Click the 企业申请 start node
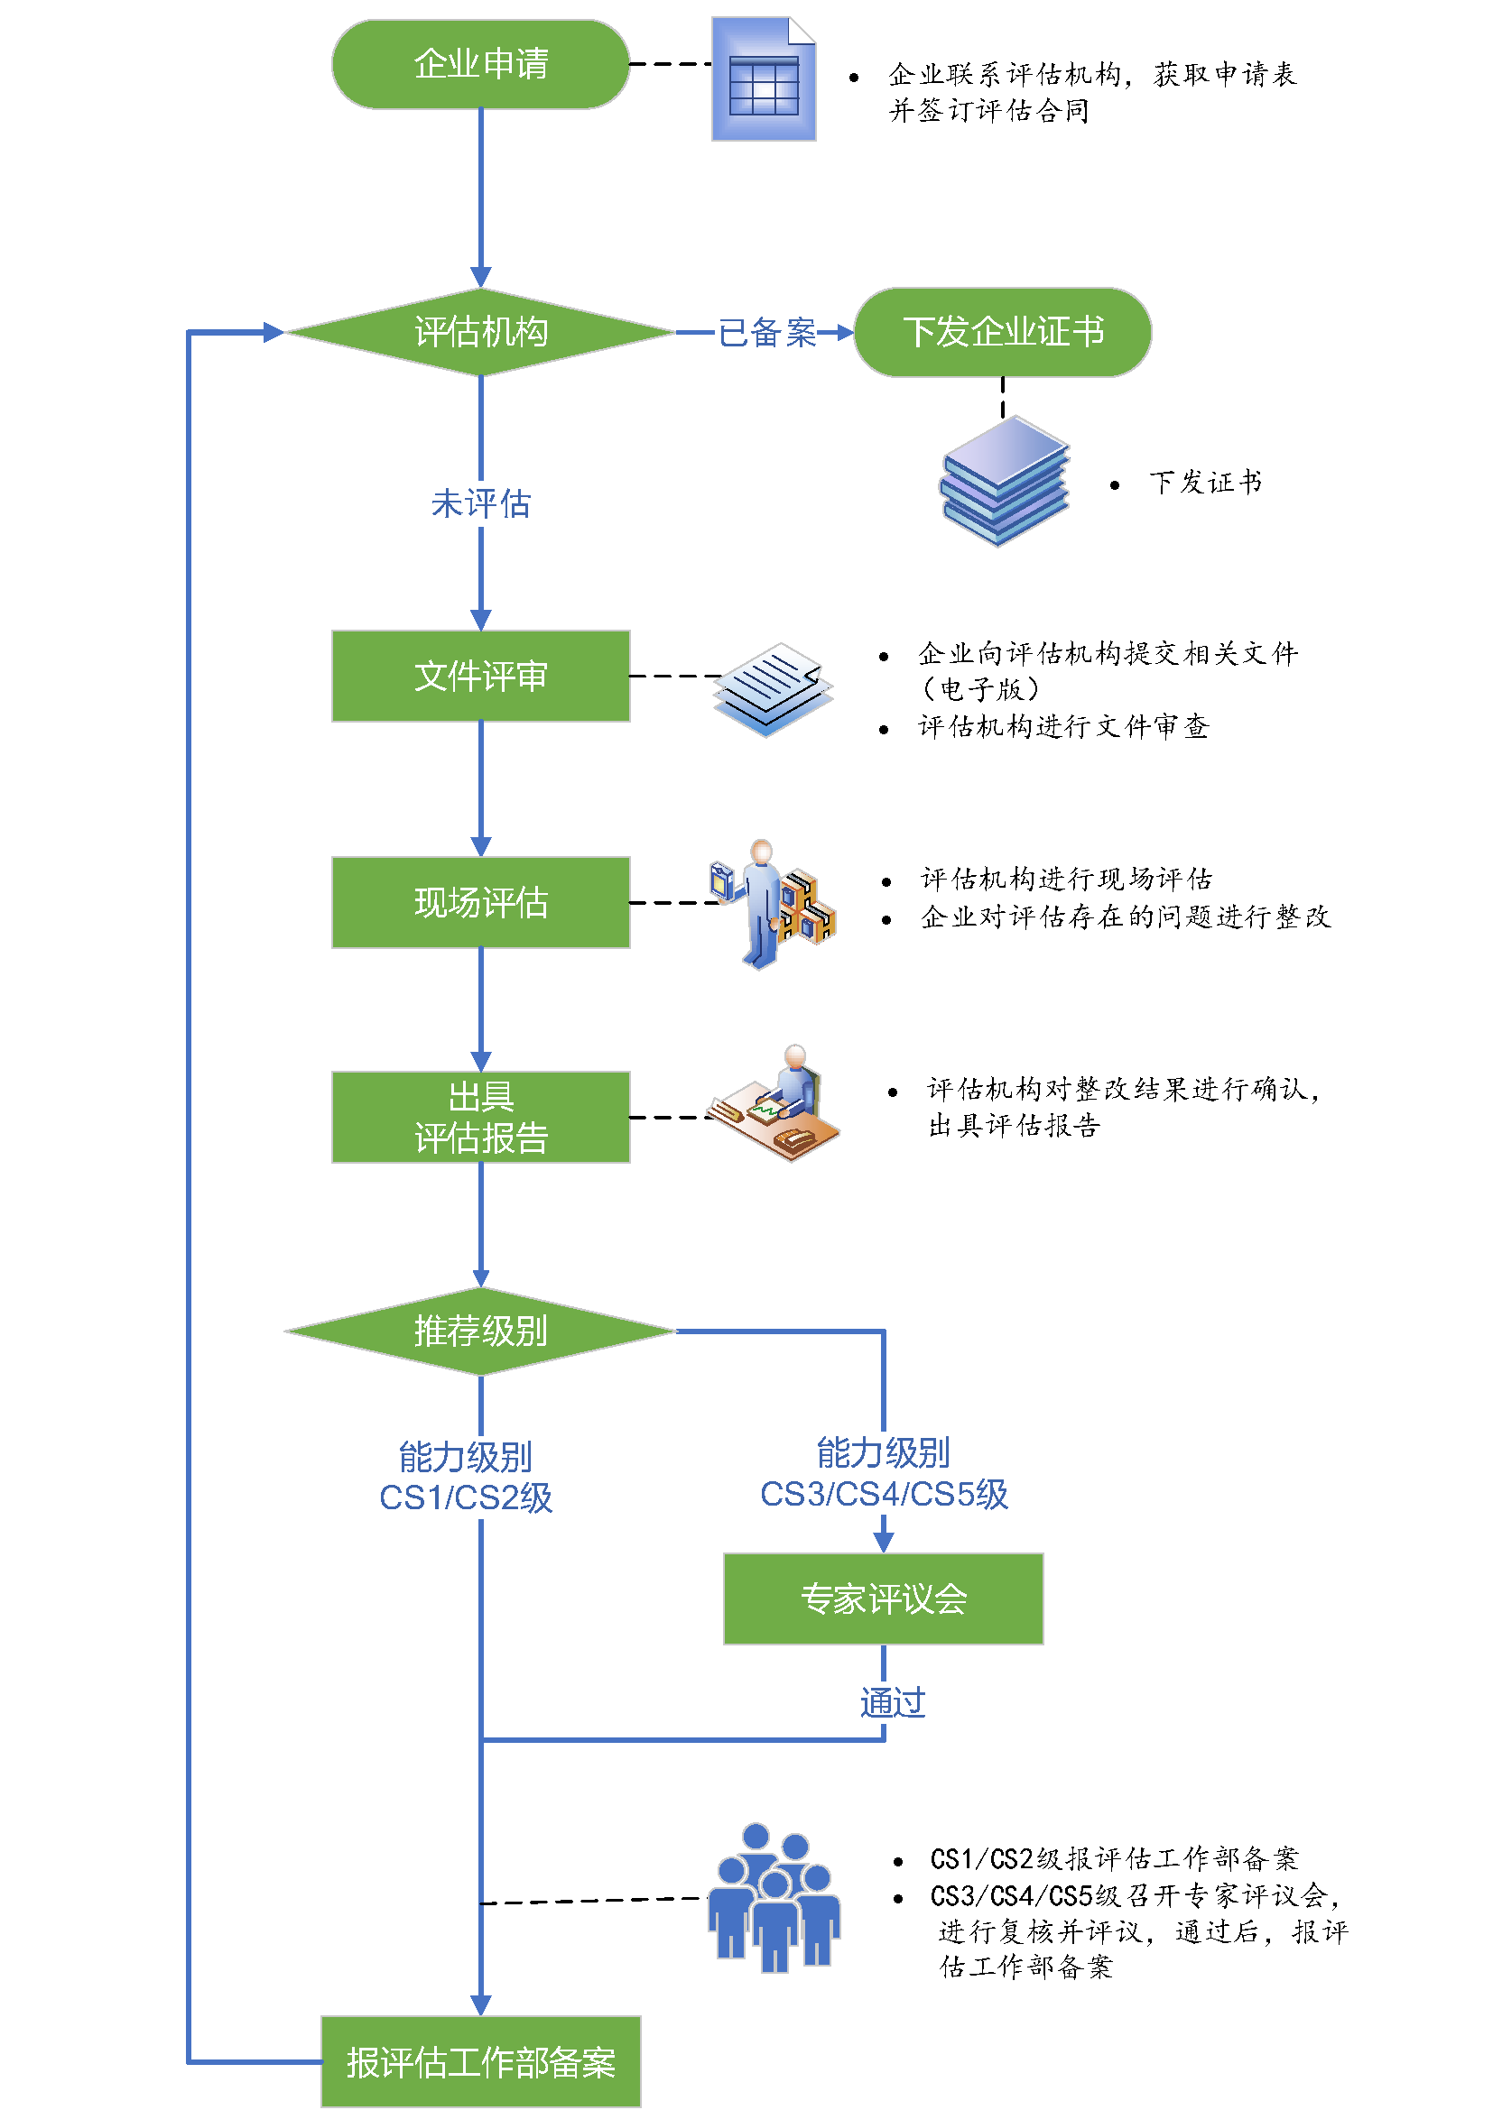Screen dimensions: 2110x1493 click(x=480, y=64)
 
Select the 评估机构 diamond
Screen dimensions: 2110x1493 click(x=480, y=332)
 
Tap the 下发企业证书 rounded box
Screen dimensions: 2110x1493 click(x=1002, y=332)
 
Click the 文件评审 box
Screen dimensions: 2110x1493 click(x=480, y=676)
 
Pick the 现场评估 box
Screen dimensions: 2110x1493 click(x=480, y=902)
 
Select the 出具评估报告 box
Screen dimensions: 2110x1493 click(x=480, y=1117)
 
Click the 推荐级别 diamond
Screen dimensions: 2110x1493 click(x=480, y=1331)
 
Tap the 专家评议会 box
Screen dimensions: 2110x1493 click(x=883, y=1599)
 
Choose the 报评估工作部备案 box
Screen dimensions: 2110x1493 click(x=480, y=2061)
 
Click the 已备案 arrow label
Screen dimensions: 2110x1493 click(x=766, y=333)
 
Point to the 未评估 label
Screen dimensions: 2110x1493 click(x=480, y=503)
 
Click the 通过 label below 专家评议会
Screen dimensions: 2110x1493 click(x=892, y=1703)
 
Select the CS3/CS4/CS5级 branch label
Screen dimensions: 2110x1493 click(x=883, y=1474)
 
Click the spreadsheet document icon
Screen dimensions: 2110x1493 click(x=763, y=80)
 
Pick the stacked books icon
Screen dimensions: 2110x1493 click(x=1004, y=481)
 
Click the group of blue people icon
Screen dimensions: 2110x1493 click(x=774, y=1898)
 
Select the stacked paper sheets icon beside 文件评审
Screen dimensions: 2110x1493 click(x=774, y=689)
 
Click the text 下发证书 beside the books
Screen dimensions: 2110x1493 click(x=1204, y=483)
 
